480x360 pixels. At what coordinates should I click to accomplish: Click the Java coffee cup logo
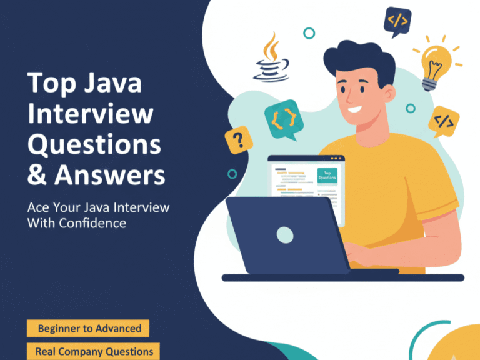click(x=271, y=60)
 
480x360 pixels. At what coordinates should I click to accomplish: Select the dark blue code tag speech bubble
click(x=397, y=21)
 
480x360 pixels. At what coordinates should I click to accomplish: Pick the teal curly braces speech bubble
click(x=280, y=117)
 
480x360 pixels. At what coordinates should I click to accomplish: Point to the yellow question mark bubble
click(x=238, y=139)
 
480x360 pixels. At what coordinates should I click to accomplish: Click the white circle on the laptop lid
click(x=284, y=234)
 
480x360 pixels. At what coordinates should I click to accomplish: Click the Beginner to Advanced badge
click(x=89, y=328)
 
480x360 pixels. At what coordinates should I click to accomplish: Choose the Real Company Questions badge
click(x=94, y=351)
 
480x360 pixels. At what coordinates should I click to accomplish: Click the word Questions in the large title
click(x=94, y=145)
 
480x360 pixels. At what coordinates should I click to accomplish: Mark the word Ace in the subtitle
click(x=37, y=207)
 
